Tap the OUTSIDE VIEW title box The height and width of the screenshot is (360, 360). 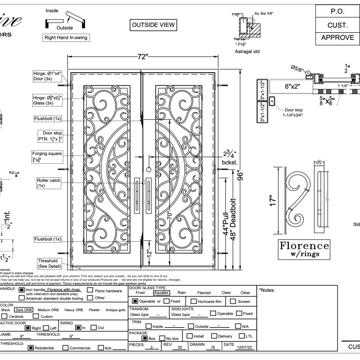(153, 24)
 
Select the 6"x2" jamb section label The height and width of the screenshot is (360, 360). (286, 86)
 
